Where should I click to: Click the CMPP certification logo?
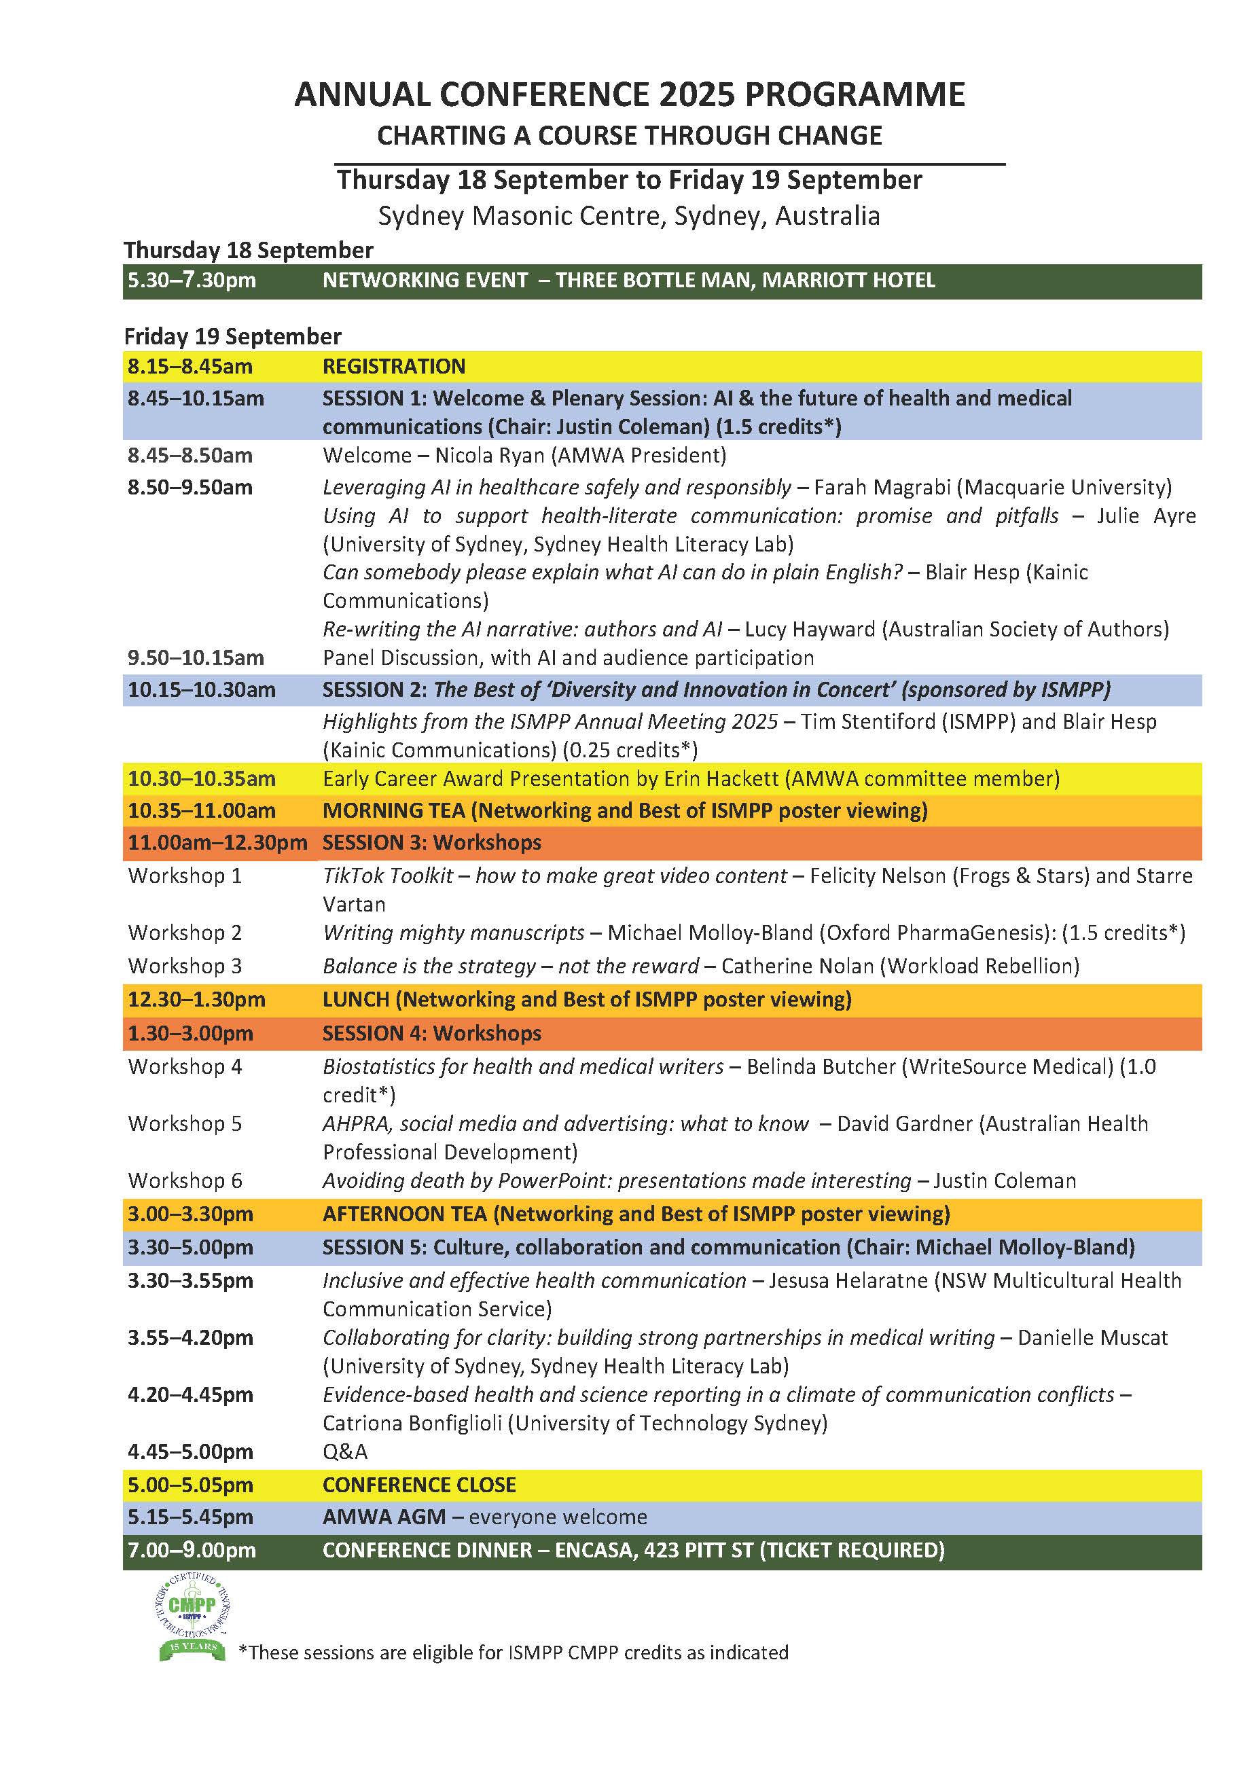click(x=192, y=1617)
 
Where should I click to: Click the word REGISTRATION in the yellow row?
click(x=394, y=367)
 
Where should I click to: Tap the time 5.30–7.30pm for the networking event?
click(x=192, y=281)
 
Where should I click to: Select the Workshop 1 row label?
click(x=185, y=876)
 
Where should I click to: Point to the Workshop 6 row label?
click(x=185, y=1180)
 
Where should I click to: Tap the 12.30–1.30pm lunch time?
click(x=196, y=999)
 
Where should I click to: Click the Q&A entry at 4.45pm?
click(x=345, y=1451)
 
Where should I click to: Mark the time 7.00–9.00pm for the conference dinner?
click(x=192, y=1551)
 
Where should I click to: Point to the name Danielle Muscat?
click(x=1092, y=1337)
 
